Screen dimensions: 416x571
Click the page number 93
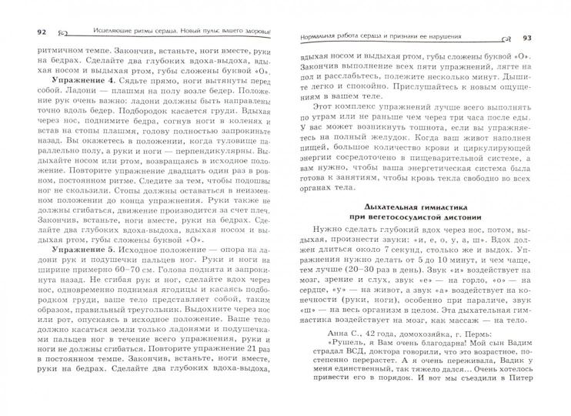pos(548,38)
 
